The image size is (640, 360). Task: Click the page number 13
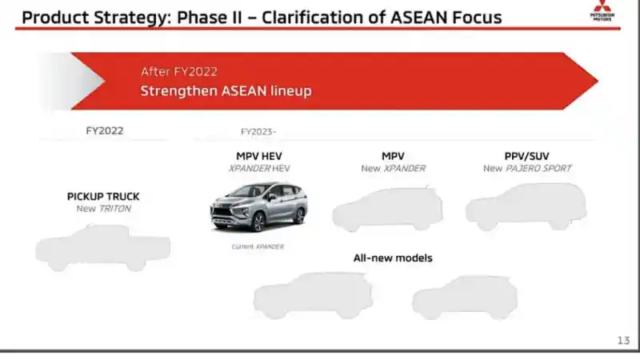(x=623, y=340)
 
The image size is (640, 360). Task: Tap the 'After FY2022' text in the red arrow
(x=178, y=72)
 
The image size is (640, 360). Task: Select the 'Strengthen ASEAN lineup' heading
(x=226, y=91)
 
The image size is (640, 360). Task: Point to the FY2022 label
(x=105, y=130)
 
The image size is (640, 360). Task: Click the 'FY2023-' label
(x=258, y=131)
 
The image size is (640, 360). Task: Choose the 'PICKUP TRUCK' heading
(x=103, y=196)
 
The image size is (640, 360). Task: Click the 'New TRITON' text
(x=103, y=209)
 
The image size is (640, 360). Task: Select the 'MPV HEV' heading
(x=259, y=155)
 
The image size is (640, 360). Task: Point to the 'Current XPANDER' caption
(x=258, y=246)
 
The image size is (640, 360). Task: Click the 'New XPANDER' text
(x=393, y=169)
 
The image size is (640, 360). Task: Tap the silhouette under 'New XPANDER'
(x=387, y=210)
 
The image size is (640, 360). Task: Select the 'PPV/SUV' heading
(x=527, y=155)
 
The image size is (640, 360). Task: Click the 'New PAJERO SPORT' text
(x=527, y=169)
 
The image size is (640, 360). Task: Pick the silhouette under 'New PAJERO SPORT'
(x=526, y=207)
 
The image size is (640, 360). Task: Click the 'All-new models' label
(x=393, y=258)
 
